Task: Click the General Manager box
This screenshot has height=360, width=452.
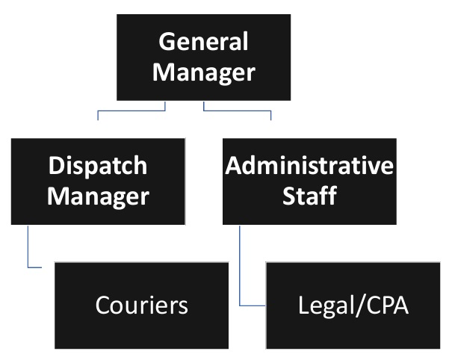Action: [204, 57]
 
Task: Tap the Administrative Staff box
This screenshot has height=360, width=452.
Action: [309, 181]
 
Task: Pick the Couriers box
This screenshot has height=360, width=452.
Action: [141, 305]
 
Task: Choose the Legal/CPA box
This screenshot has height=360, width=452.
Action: [353, 305]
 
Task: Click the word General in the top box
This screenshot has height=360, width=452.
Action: [204, 42]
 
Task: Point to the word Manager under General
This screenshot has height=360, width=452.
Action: [204, 72]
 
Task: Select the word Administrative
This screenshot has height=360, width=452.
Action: [309, 166]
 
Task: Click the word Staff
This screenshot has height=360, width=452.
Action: [309, 196]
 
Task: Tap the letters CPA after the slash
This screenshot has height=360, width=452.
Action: [384, 305]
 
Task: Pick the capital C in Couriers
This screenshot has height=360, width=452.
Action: [102, 305]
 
